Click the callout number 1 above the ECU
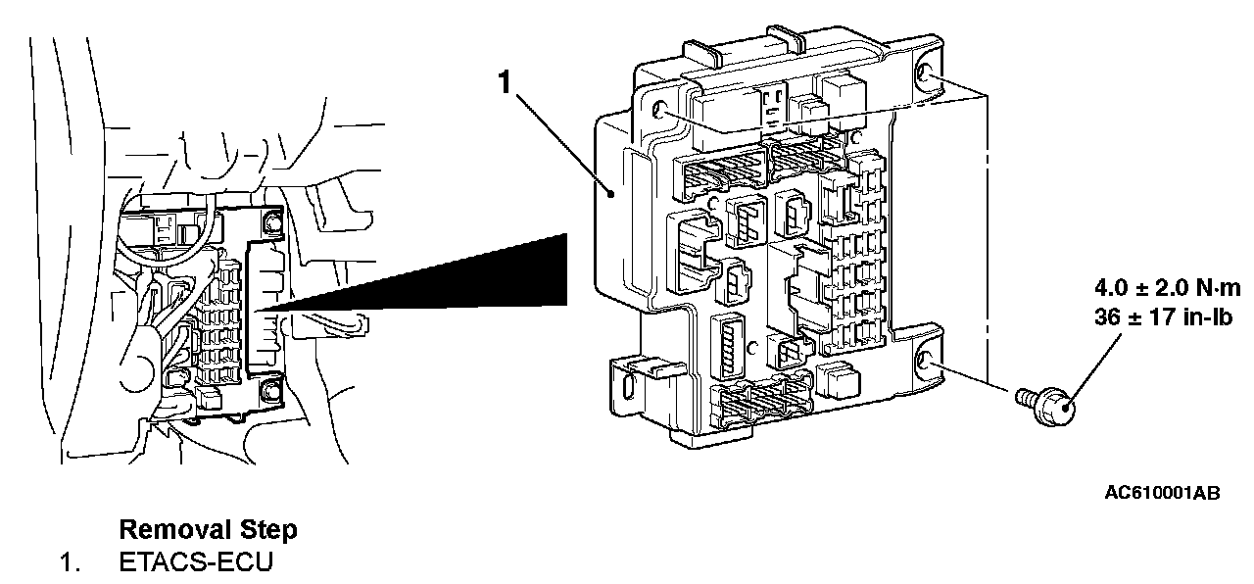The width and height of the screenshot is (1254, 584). pos(506,82)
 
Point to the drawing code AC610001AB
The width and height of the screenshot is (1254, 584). pos(1162,493)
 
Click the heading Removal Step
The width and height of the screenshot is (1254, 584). pos(208,530)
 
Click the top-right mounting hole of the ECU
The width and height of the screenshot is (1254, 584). pos(926,77)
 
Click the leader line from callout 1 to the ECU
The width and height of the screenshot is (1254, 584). pos(563,142)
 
